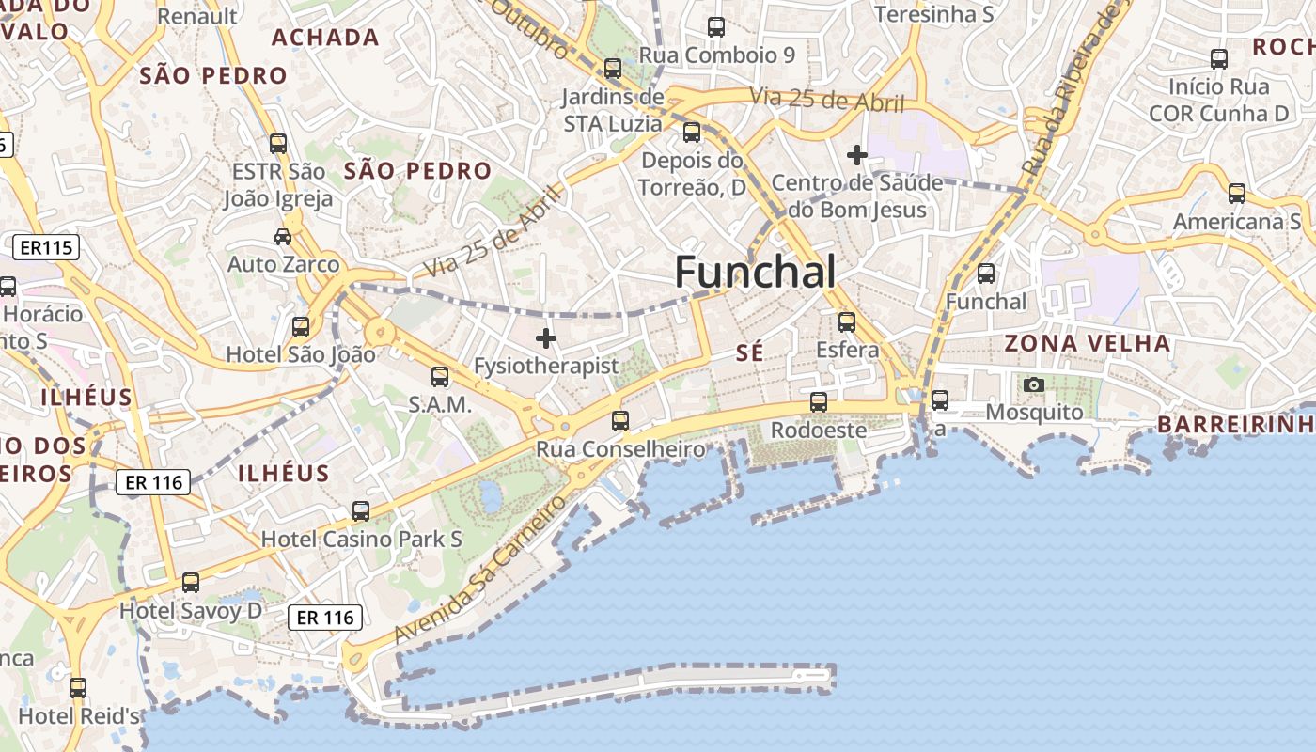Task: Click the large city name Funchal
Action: [x=755, y=273]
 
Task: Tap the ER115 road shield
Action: [x=45, y=248]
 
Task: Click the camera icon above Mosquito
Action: [x=1034, y=384]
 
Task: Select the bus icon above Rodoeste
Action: [x=819, y=402]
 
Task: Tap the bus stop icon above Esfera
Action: [x=847, y=322]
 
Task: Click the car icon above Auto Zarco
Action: [x=283, y=236]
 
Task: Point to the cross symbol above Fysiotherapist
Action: [x=546, y=338]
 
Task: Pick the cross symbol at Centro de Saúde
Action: [x=857, y=154]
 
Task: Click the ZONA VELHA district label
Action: [x=1088, y=343]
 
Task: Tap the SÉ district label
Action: [x=749, y=352]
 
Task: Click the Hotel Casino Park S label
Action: [x=362, y=540]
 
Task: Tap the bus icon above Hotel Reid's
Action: [x=78, y=688]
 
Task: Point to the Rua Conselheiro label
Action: [x=620, y=449]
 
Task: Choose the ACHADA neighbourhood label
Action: [x=325, y=38]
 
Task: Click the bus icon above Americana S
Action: [x=1237, y=194]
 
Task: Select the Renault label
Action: [x=197, y=16]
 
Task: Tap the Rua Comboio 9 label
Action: [x=717, y=55]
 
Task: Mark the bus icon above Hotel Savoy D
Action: [x=191, y=583]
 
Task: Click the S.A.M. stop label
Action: [x=439, y=404]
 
